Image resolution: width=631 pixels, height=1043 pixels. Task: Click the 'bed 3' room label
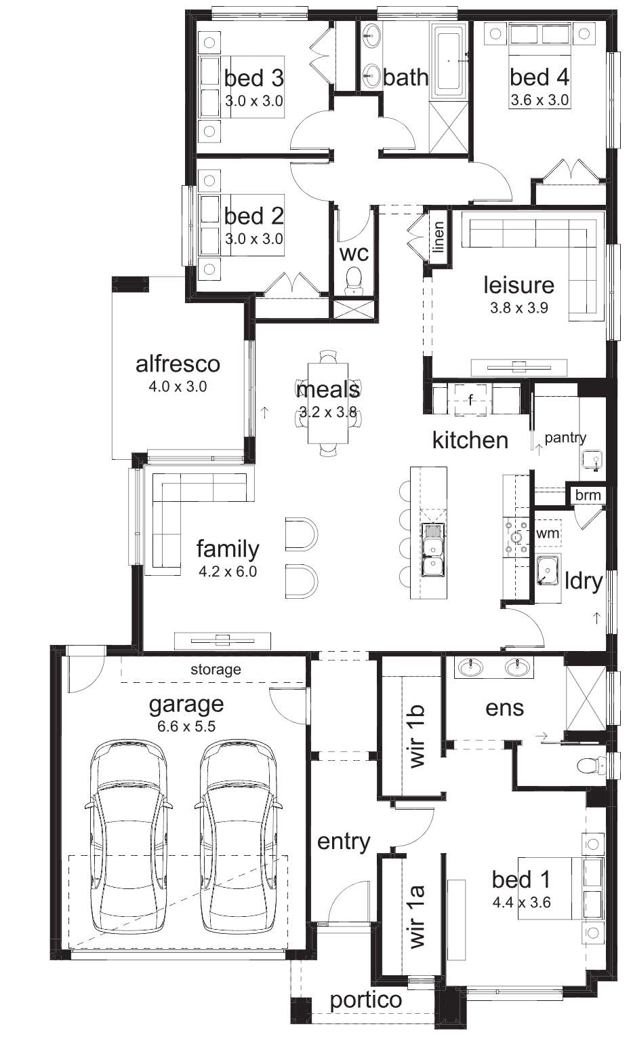[253, 78]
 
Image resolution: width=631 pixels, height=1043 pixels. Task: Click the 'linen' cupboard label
[438, 237]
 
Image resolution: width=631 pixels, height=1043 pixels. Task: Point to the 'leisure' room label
[519, 285]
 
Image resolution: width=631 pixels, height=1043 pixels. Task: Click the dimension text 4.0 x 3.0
[178, 387]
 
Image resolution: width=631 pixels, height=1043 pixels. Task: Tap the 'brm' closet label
[588, 495]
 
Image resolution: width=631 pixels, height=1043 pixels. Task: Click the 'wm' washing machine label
[547, 532]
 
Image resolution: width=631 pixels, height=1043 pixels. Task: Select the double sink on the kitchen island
[433, 549]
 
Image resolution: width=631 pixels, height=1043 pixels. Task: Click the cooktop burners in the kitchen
[516, 537]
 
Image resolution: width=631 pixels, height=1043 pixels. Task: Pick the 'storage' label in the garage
[216, 669]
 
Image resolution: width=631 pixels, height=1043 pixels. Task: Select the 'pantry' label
[565, 437]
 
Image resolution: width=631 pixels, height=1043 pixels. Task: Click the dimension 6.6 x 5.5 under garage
[186, 726]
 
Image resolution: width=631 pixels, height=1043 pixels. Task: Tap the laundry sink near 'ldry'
[548, 571]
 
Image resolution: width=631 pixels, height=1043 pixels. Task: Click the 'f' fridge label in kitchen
[470, 399]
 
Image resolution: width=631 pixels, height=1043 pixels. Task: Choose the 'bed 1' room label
[521, 880]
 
